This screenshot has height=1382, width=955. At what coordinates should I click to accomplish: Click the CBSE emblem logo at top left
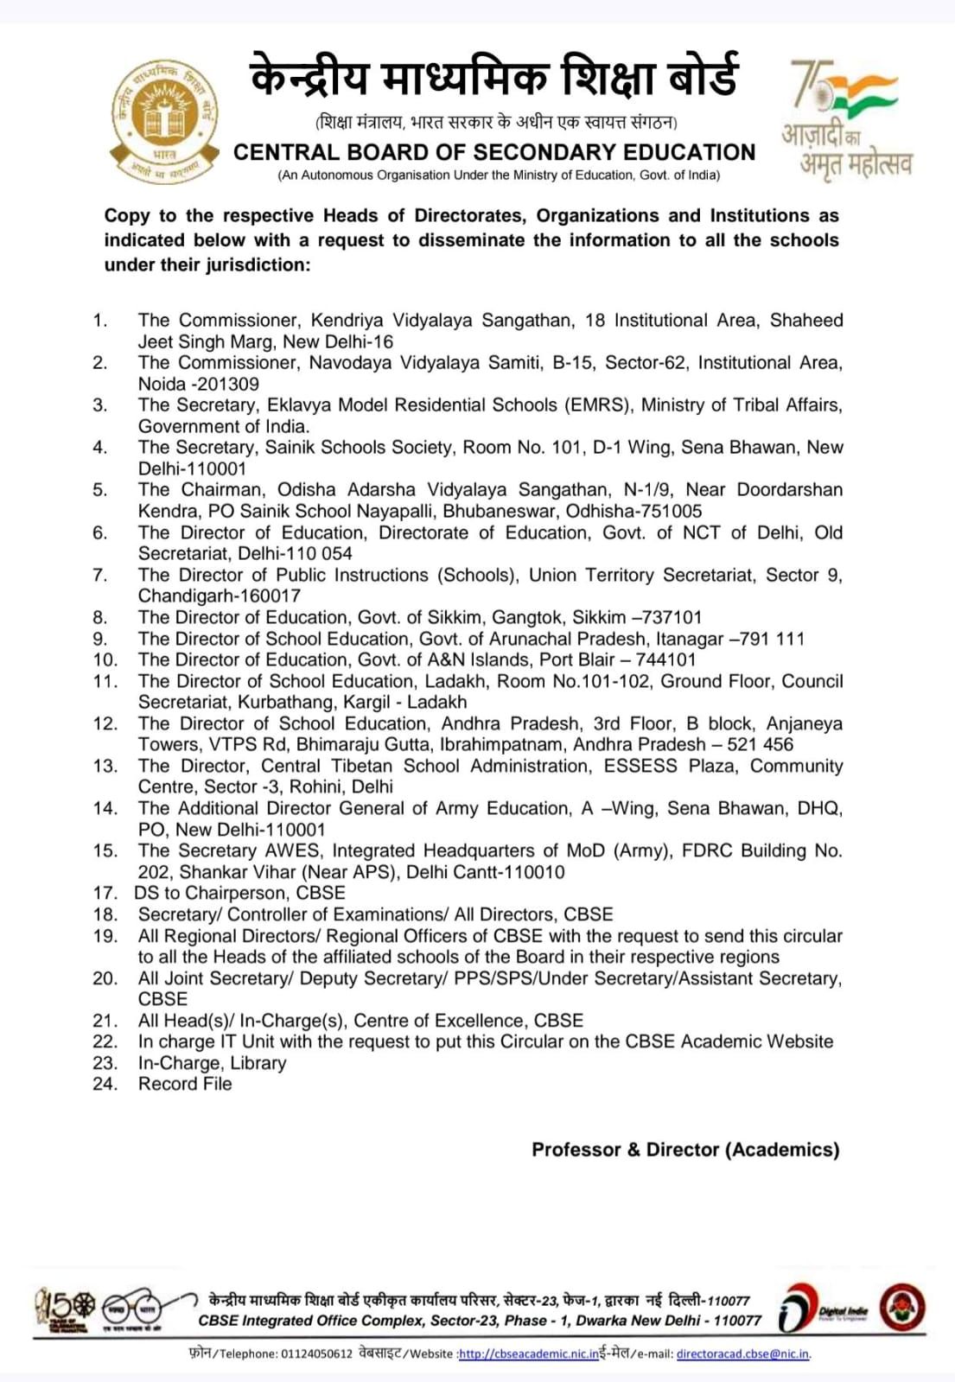pos(163,117)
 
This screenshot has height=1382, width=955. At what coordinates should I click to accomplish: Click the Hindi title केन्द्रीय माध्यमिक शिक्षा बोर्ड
pos(494,76)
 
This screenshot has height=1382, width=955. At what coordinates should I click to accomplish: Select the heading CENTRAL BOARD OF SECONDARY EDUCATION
pos(494,152)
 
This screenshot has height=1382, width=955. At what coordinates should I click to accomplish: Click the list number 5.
pos(100,490)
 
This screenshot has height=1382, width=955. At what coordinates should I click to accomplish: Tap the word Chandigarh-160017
pos(220,595)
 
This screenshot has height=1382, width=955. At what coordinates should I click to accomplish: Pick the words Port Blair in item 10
pos(576,659)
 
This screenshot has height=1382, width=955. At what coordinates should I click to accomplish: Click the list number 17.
pos(105,893)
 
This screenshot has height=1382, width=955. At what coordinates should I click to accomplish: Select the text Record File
pos(185,1084)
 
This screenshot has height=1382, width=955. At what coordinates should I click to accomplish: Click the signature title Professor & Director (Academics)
pos(685,1150)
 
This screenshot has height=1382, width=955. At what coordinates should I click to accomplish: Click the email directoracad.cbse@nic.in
pos(742,1353)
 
